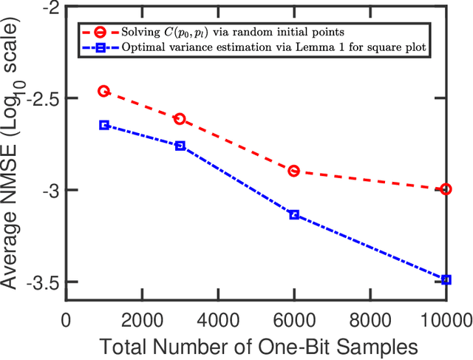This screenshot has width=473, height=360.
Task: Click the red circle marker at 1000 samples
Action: click(104, 91)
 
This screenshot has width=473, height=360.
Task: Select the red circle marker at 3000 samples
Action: click(180, 118)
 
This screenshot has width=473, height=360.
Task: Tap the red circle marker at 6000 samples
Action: click(294, 171)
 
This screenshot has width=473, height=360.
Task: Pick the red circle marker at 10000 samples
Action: click(446, 189)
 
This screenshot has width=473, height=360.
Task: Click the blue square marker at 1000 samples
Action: click(104, 125)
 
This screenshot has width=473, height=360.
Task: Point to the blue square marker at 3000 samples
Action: click(180, 146)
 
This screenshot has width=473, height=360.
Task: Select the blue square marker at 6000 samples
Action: click(294, 214)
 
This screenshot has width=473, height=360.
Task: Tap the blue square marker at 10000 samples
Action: click(446, 279)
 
